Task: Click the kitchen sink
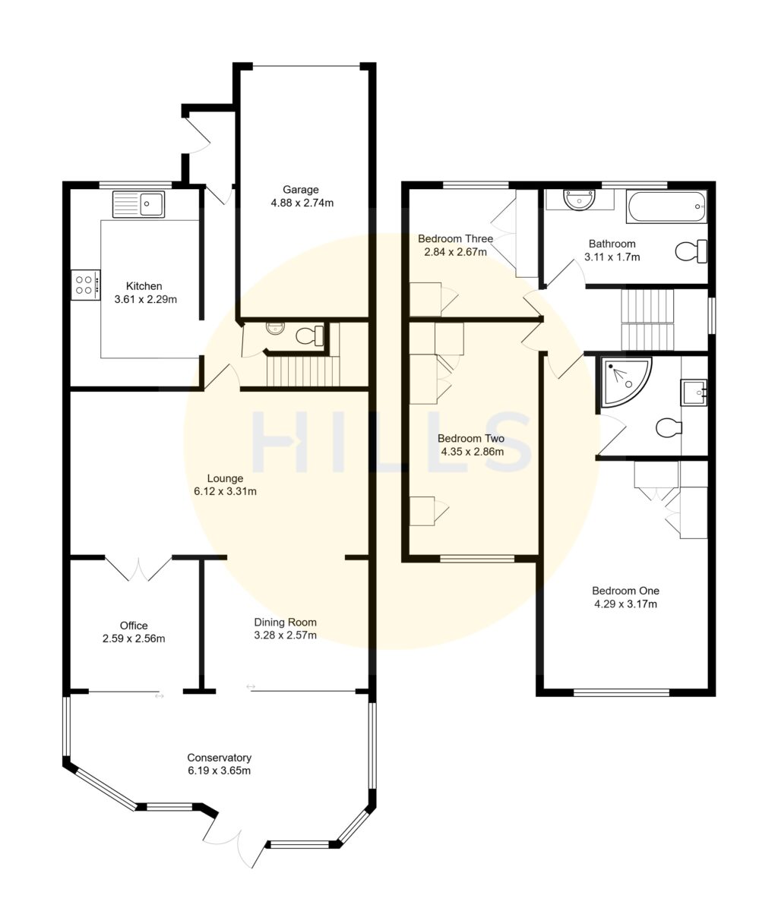pos(138,204)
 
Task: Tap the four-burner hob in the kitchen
pos(86,285)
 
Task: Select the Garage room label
pos(301,190)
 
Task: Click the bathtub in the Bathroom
pos(666,206)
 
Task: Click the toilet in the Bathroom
pos(691,251)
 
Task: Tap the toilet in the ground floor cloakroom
pos(311,335)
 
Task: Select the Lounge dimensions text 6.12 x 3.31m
pos(225,491)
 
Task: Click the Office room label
pos(134,626)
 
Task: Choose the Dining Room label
pos(285,622)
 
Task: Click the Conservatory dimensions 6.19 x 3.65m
pos(220,771)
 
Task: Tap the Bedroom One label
pos(625,591)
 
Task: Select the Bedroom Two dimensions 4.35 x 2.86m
pos(471,451)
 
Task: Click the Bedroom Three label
pos(456,238)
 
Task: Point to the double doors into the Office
pos(138,569)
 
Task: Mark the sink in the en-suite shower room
pos(694,392)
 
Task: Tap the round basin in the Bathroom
pos(580,200)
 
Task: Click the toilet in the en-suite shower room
pos(667,428)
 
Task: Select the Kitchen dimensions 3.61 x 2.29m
pos(144,299)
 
